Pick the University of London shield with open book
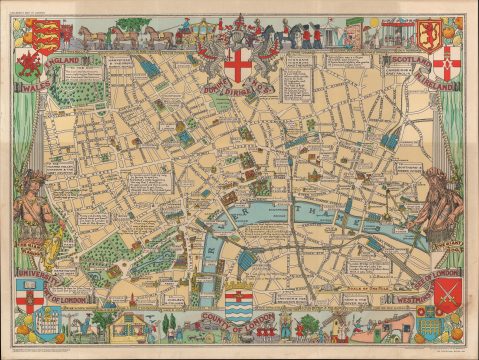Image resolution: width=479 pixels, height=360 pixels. (x=29, y=291)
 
